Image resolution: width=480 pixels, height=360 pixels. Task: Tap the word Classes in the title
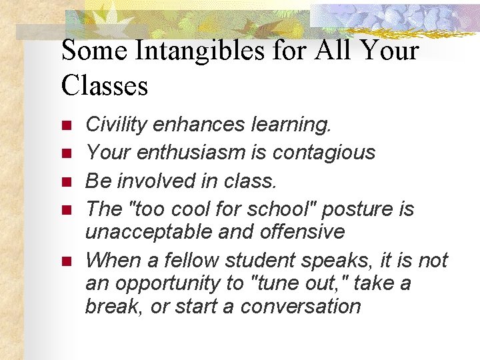tap(105, 85)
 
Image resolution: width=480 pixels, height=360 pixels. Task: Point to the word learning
tap(289, 124)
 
